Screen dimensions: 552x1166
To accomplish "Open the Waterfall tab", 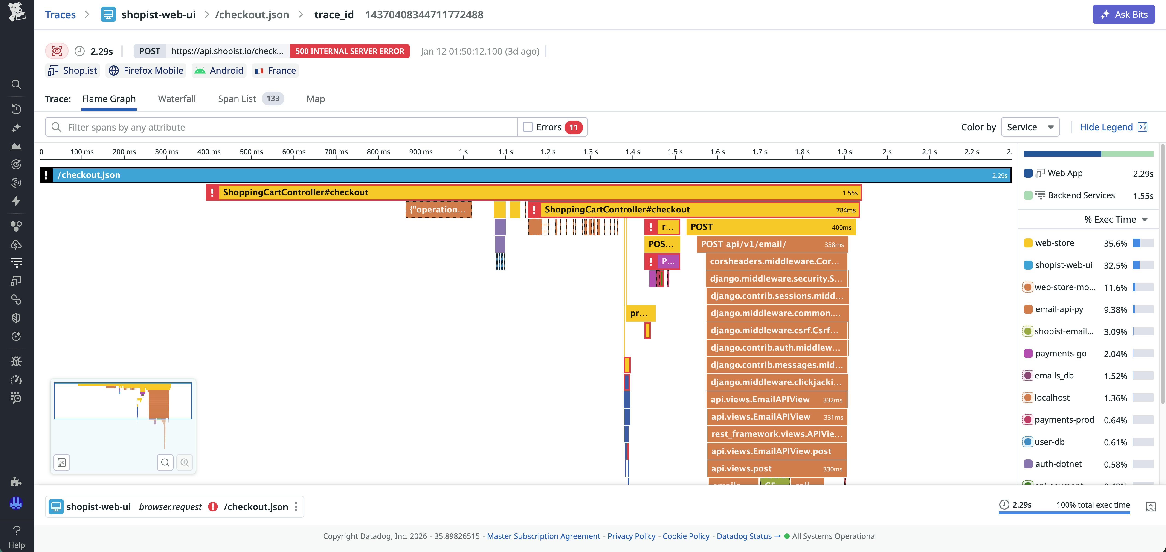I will (x=177, y=99).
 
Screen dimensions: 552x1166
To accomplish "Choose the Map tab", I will (x=316, y=99).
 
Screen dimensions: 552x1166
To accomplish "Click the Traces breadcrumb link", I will (x=60, y=15).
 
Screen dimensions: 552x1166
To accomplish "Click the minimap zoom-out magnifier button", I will (x=165, y=462).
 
